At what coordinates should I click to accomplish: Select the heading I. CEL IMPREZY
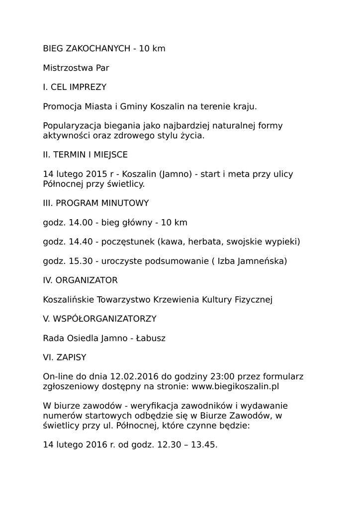coord(75,87)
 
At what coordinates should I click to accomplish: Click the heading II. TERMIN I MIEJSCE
coord(85,155)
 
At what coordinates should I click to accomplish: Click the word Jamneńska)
coord(262,261)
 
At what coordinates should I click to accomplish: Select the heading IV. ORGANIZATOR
coord(80,280)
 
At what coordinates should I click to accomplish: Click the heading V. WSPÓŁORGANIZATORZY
coord(99,319)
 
